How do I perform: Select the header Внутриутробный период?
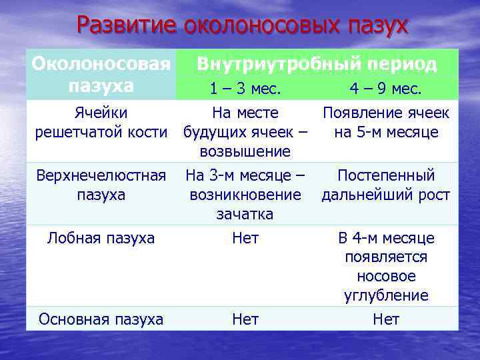317,64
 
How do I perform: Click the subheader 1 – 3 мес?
245,88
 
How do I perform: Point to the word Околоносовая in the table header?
101,64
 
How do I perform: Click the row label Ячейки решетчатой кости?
101,122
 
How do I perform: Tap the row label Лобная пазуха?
101,238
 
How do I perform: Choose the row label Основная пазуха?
101,319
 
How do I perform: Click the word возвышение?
245,151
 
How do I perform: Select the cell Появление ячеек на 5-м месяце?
386,122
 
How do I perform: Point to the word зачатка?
245,214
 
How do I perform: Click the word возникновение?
245,195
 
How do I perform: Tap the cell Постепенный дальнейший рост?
386,185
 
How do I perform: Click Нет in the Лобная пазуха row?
245,238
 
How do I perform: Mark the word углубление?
386,295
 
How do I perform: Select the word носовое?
386,276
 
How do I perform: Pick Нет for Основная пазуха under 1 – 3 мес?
245,319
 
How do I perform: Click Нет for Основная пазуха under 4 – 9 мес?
386,319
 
